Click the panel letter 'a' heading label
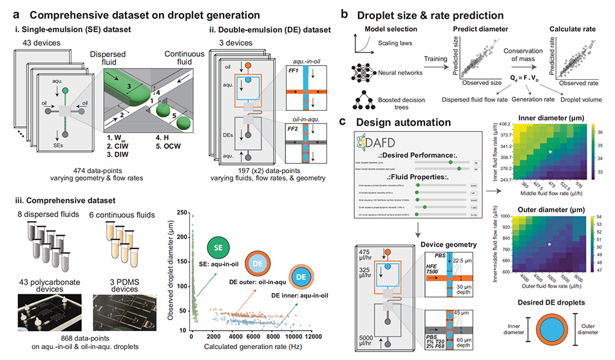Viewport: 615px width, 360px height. click(x=9, y=12)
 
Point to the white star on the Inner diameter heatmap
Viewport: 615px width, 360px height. click(x=551, y=151)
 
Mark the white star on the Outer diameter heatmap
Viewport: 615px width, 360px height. click(x=549, y=245)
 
